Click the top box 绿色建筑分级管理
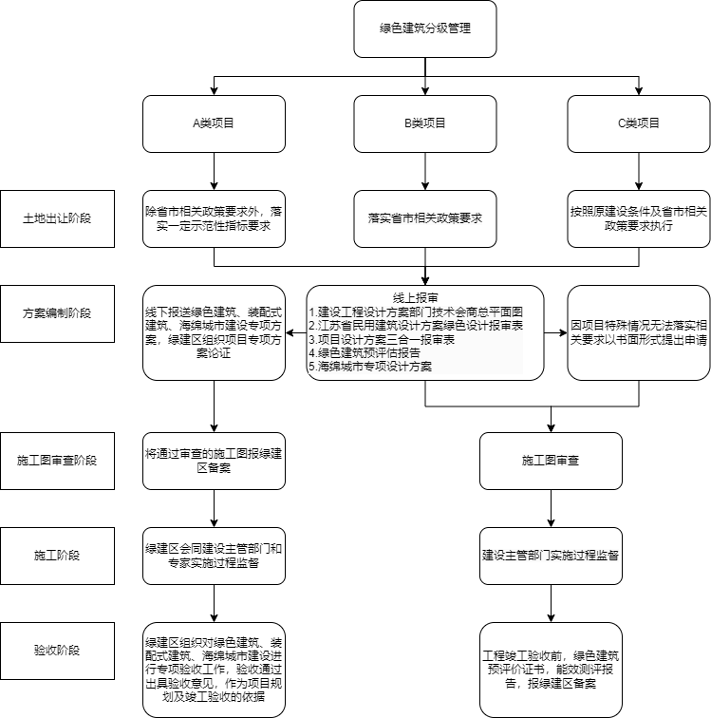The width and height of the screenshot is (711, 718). point(425,28)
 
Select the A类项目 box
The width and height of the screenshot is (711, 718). point(214,123)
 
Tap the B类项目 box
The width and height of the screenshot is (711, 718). point(425,123)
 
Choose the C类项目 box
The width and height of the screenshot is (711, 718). point(639,123)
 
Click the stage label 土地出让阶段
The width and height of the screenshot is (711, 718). point(57,218)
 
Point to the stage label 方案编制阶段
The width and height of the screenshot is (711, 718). point(57,313)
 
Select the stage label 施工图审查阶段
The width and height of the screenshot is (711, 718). point(57,461)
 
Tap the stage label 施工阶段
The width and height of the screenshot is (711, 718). point(57,556)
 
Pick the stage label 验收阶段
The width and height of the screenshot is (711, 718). point(57,651)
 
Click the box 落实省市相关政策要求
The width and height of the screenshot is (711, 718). point(425,218)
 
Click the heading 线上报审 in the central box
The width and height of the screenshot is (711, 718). point(415,298)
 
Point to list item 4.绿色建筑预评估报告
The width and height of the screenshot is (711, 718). point(365,352)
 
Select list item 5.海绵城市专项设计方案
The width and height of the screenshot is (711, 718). point(370,367)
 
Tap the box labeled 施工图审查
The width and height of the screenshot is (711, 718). point(551,461)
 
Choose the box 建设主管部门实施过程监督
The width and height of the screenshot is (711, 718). point(551,556)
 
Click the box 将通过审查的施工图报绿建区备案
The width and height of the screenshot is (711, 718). point(214,461)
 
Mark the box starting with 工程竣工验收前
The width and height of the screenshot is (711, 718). point(551,670)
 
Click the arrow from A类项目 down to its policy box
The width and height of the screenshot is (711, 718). point(214,171)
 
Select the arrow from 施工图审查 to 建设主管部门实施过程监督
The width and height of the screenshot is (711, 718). point(551,508)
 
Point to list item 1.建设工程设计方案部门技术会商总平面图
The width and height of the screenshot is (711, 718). point(416,312)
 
